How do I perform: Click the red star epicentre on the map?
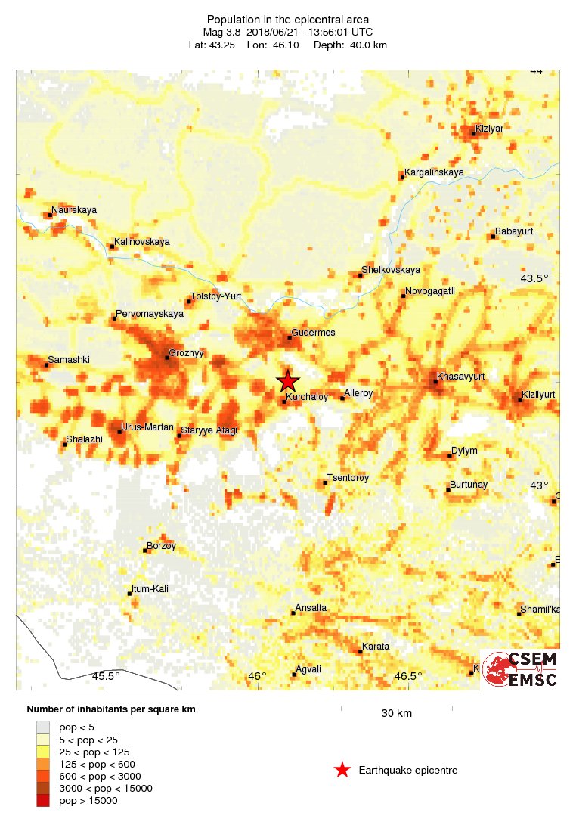pos(287,381)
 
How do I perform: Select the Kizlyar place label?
pos(490,129)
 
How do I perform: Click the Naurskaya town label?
pos(74,209)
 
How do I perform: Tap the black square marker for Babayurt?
pos(493,237)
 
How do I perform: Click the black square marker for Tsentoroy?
pos(325,482)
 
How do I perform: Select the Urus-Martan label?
pos(147,427)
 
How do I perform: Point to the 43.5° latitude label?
pos(534,278)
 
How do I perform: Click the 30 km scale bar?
pos(396,708)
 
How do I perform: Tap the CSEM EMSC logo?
pos(520,668)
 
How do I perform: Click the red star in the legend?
pos(342,770)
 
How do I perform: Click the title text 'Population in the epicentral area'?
pos(287,19)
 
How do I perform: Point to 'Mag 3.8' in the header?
pos(221,32)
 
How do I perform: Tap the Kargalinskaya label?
pos(434,172)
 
